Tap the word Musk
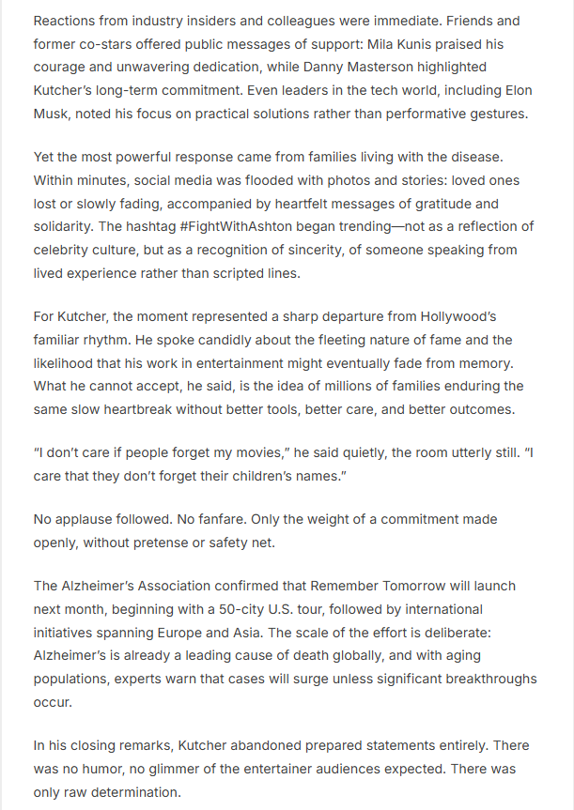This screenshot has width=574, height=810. [54, 114]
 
